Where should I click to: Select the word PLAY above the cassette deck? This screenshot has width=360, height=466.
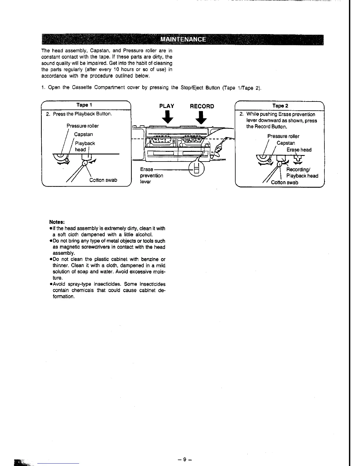click(166, 106)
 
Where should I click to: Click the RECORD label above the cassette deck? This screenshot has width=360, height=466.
click(202, 106)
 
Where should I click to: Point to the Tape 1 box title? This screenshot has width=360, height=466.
click(84, 105)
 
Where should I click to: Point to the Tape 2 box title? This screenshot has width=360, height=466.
click(280, 106)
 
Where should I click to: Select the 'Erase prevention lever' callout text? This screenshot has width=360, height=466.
click(151, 175)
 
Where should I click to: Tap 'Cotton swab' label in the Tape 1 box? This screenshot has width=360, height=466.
click(103, 180)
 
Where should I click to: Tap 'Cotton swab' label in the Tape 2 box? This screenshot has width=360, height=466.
click(284, 182)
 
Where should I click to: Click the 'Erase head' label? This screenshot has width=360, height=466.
click(299, 150)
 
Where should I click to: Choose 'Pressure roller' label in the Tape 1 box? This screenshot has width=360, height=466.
click(83, 126)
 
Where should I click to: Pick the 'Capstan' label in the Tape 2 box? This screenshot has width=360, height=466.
click(286, 143)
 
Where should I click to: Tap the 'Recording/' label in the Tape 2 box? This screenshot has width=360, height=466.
click(296, 169)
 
